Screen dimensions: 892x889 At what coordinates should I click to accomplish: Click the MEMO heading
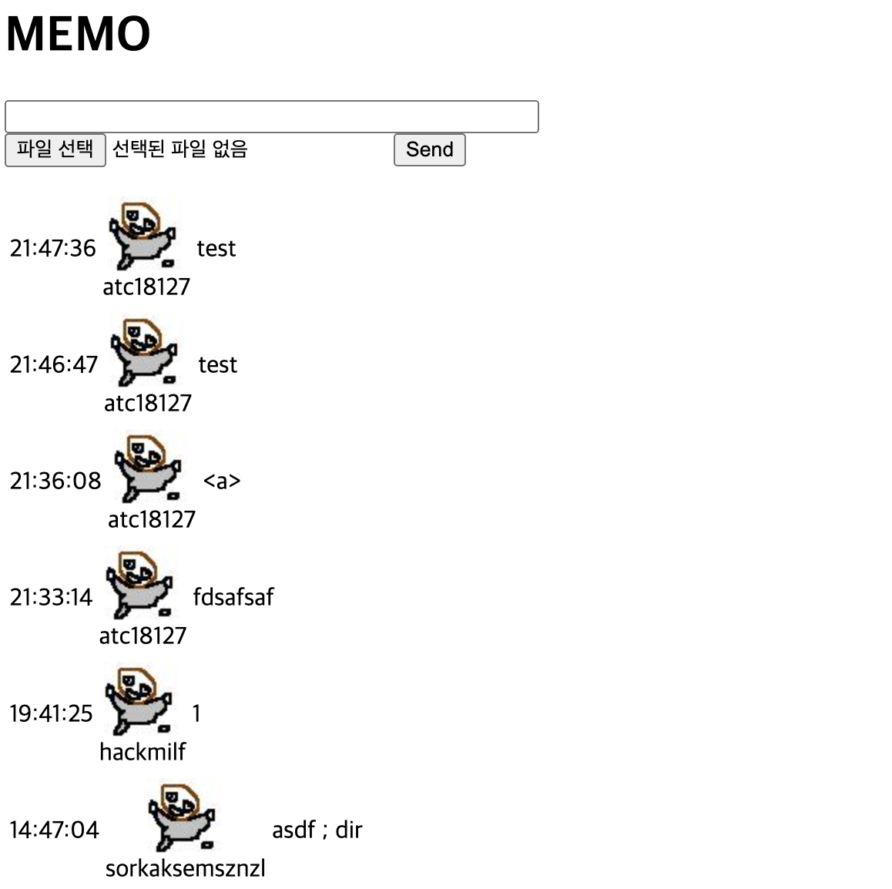[78, 34]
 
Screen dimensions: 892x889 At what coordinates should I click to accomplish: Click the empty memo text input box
[271, 116]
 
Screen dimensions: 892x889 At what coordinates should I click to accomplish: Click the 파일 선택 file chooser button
[55, 149]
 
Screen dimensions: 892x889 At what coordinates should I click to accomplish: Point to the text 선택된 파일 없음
[179, 149]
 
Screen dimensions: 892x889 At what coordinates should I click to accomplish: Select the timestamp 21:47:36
[52, 248]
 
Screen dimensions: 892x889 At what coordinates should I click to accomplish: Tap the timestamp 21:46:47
[54, 364]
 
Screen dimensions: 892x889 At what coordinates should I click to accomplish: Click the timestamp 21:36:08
[55, 481]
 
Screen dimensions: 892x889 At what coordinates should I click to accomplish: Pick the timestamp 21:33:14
[51, 597]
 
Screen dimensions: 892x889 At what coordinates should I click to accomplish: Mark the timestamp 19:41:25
[51, 713]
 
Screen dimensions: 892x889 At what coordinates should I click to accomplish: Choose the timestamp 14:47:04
[54, 830]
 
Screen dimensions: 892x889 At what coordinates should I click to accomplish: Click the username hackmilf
[143, 752]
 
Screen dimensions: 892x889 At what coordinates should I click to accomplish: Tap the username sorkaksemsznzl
[185, 868]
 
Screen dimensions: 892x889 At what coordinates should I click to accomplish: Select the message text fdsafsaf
[233, 597]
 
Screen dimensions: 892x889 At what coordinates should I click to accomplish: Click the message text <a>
[222, 481]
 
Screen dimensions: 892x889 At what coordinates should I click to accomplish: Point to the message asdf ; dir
[317, 830]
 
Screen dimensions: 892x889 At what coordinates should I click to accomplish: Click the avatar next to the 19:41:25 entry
[139, 700]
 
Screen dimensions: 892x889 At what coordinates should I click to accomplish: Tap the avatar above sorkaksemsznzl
[182, 817]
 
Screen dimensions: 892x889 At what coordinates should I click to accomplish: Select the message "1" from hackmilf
[196, 713]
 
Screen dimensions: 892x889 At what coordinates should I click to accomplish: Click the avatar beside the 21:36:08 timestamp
[148, 468]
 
